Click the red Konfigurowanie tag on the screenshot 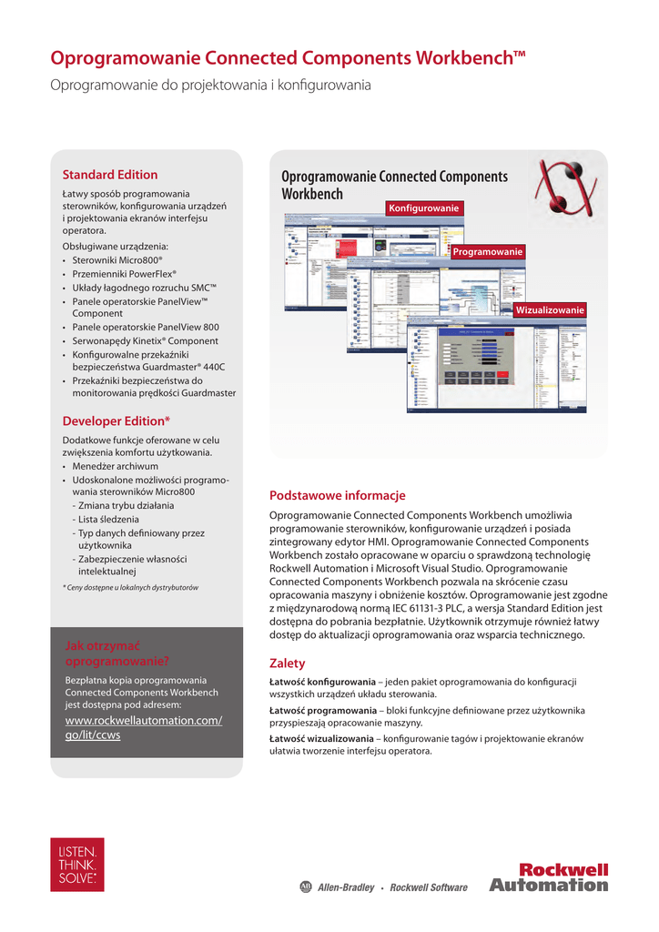pyautogui.click(x=423, y=208)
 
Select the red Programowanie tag pyautogui.click(x=487, y=251)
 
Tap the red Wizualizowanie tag pyautogui.click(x=549, y=310)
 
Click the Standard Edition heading pyautogui.click(x=109, y=175)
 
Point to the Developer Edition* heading pyautogui.click(x=116, y=420)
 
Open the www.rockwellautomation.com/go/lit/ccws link pyautogui.click(x=144, y=728)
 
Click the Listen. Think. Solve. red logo pyautogui.click(x=77, y=865)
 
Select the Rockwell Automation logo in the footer pyautogui.click(x=549, y=877)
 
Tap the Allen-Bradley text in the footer pyautogui.click(x=345, y=887)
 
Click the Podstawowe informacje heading pyautogui.click(x=337, y=496)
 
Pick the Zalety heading pyautogui.click(x=288, y=664)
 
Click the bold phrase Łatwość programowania pyautogui.click(x=323, y=710)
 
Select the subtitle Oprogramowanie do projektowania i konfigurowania pyautogui.click(x=210, y=86)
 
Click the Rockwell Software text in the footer pyautogui.click(x=428, y=887)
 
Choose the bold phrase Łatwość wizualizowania pyautogui.click(x=322, y=738)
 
